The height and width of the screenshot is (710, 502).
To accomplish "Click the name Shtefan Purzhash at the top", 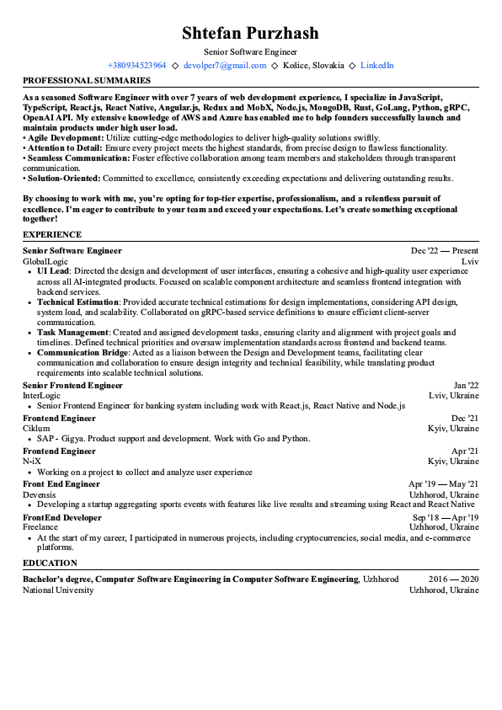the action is (250, 34).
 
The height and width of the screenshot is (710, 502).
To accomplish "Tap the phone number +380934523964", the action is (136, 65).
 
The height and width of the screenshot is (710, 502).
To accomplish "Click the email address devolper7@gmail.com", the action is (225, 65).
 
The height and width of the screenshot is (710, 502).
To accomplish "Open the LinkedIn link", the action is (376, 65).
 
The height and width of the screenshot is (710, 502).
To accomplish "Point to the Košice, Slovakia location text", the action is (313, 65).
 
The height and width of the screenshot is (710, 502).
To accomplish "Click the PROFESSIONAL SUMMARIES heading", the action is (87, 81).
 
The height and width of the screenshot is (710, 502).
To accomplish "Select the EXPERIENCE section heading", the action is (52, 235).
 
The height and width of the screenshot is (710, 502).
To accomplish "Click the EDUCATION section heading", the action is (51, 563).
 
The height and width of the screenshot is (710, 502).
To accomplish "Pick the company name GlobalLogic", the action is (45, 262).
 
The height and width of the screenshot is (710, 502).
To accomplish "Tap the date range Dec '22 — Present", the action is (444, 251).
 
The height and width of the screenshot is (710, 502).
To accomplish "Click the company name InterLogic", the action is (42, 396).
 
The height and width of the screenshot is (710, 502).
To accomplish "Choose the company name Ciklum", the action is (36, 429).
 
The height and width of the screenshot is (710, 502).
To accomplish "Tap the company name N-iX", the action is (32, 462).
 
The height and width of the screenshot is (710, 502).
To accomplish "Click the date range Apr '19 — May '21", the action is (443, 484).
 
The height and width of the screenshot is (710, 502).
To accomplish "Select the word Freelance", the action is (40, 527).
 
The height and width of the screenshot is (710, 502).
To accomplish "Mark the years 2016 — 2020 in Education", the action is (453, 579).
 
